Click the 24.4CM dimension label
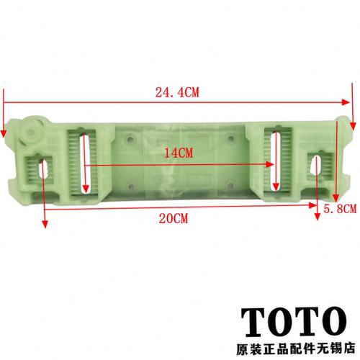(x=177, y=92)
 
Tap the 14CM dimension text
(x=179, y=153)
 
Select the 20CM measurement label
(x=174, y=219)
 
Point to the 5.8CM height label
(x=340, y=209)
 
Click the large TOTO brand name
(x=294, y=323)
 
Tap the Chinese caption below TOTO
(x=296, y=348)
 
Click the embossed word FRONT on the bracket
(x=198, y=180)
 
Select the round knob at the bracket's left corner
(x=31, y=131)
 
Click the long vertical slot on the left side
(x=85, y=163)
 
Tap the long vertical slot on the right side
(x=276, y=161)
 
